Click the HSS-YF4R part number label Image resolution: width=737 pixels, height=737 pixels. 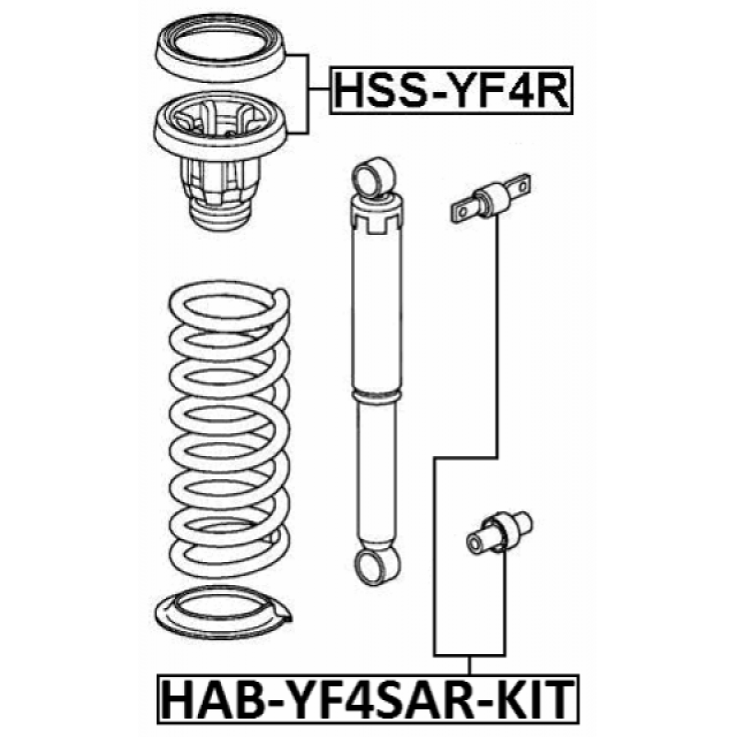tap(451, 90)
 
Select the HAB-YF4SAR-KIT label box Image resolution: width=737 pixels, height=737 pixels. tap(368, 699)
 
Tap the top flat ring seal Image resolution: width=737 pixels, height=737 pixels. tap(221, 49)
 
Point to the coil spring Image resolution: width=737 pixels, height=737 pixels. tap(229, 430)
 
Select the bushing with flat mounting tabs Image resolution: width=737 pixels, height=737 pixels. tap(491, 198)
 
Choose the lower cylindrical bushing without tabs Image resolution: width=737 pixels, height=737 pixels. tap(499, 533)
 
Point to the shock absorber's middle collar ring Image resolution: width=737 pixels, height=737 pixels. tap(377, 396)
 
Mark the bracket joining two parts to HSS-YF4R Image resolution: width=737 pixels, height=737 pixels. tap(308, 94)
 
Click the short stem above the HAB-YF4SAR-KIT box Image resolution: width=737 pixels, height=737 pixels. tap(469, 665)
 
